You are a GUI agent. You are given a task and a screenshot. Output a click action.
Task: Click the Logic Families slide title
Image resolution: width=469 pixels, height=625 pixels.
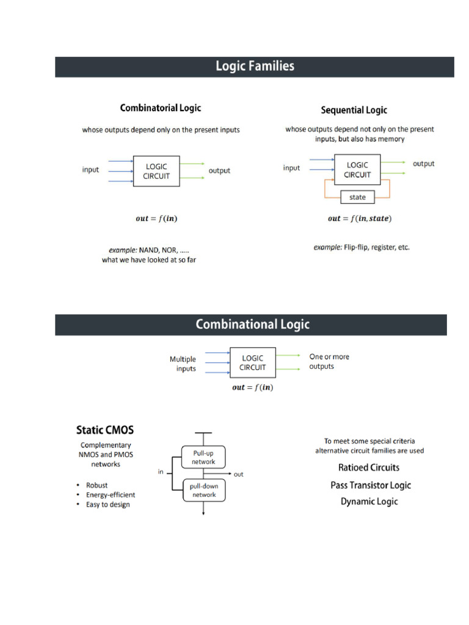point(255,67)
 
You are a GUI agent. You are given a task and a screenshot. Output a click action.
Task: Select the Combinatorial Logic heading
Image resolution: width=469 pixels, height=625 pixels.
point(161,108)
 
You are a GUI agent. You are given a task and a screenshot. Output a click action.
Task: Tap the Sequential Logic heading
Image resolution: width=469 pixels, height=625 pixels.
point(354,110)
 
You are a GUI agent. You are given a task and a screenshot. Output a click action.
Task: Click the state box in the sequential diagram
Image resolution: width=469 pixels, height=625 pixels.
point(357,197)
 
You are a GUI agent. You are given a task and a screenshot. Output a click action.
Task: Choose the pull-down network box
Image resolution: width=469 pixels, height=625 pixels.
point(204,490)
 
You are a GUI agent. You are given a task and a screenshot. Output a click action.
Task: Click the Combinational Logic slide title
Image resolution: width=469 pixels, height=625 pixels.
point(252,325)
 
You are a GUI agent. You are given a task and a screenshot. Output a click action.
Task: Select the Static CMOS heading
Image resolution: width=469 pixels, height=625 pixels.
point(105,430)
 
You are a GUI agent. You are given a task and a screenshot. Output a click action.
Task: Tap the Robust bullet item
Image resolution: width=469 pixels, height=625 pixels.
point(97,486)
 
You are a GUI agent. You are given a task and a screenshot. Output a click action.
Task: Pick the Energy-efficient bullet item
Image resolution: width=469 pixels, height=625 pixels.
point(111,495)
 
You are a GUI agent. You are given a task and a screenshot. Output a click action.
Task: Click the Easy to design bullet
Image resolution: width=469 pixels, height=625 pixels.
point(108,505)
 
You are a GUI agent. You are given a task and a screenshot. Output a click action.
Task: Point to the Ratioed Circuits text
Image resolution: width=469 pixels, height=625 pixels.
point(369,468)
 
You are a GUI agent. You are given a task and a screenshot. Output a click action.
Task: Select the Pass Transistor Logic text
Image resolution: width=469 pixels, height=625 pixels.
point(371,485)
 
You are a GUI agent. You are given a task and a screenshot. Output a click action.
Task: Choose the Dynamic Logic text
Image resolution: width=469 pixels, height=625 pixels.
point(369,502)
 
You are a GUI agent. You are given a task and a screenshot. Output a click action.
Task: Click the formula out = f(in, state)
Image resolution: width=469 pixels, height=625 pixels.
point(360,219)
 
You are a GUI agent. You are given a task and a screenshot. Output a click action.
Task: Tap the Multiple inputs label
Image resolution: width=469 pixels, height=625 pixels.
point(183,364)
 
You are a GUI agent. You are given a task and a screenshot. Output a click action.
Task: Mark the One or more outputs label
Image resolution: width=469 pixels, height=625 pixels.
point(329,361)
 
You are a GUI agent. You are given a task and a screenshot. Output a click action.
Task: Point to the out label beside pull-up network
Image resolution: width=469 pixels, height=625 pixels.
point(238,474)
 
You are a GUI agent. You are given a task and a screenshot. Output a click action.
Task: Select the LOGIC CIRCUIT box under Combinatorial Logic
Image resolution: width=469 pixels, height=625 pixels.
point(156,171)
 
